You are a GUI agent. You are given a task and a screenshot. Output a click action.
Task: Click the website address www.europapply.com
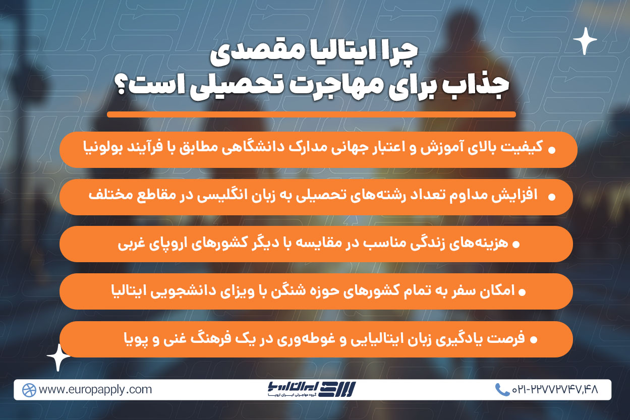[95, 390]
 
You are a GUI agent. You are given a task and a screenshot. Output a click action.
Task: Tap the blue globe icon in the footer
[29, 390]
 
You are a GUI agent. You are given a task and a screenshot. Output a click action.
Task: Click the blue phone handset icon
[502, 390]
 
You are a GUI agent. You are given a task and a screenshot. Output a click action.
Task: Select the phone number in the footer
[555, 390]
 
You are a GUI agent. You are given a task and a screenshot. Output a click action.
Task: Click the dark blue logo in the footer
[312, 389]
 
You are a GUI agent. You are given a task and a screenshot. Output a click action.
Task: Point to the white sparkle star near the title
[585, 41]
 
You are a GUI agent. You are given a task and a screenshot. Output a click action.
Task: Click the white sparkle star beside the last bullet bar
[59, 357]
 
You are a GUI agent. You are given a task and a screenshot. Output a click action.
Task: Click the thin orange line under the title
[311, 114]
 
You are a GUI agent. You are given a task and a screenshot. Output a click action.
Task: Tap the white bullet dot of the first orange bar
[552, 150]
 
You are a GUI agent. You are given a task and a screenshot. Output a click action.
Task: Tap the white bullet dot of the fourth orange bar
[522, 292]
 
